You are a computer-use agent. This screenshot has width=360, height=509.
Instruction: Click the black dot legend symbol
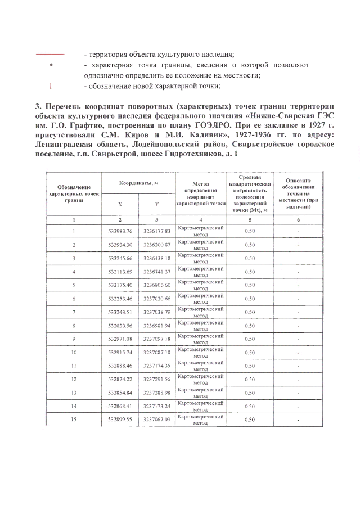coord(51,65)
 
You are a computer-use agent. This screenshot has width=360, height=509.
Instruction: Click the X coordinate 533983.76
coord(120,231)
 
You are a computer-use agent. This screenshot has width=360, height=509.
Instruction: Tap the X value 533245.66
coord(120,258)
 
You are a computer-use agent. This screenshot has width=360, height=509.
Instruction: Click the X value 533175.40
coord(120,285)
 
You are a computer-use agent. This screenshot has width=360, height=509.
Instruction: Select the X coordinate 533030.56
coord(120,326)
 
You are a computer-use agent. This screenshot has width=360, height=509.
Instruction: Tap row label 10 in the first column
coord(74,353)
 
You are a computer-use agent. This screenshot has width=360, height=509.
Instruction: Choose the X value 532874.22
coord(120,380)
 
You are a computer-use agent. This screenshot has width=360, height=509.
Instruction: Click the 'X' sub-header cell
coord(120,204)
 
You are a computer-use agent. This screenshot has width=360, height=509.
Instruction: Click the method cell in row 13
coord(201,393)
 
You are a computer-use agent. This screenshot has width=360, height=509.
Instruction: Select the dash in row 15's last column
coord(298,420)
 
